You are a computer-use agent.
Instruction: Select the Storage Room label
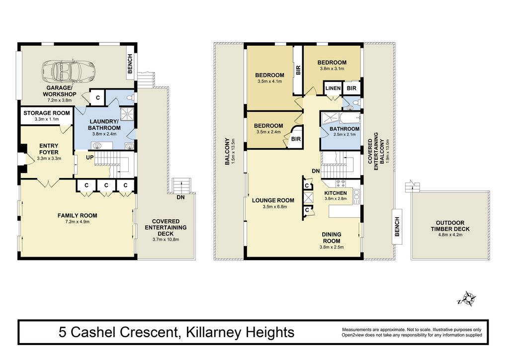click(x=46, y=113)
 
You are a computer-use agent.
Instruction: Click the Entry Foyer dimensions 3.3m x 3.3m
click(x=49, y=159)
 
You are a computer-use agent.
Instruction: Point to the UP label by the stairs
click(x=90, y=158)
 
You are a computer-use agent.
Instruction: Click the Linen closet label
click(x=333, y=89)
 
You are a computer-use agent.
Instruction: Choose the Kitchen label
click(x=336, y=193)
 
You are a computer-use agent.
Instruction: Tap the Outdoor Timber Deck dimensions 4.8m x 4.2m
click(x=450, y=234)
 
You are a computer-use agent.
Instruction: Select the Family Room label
click(x=77, y=215)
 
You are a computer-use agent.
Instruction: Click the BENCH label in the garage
click(x=130, y=64)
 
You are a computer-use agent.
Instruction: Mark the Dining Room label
click(x=332, y=238)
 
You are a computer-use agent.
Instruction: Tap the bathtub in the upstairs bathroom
click(x=350, y=118)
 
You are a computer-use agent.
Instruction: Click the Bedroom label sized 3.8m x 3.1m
click(x=332, y=62)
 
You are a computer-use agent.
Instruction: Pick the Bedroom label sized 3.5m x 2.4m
click(x=268, y=126)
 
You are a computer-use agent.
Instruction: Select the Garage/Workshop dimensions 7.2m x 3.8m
click(x=60, y=100)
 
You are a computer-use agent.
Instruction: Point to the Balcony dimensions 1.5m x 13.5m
click(x=233, y=151)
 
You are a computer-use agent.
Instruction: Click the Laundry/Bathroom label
click(x=104, y=125)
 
